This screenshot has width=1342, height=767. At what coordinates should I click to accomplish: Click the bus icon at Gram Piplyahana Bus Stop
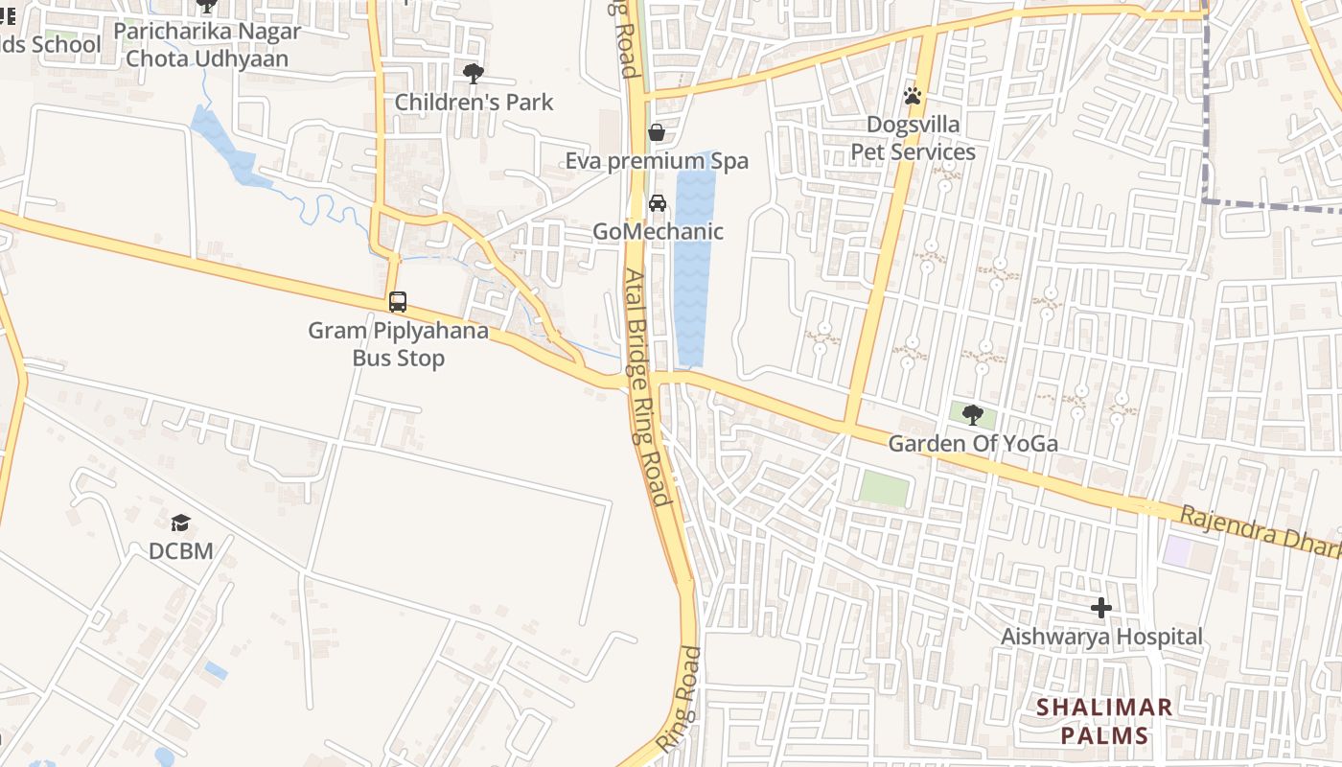pyautogui.click(x=398, y=302)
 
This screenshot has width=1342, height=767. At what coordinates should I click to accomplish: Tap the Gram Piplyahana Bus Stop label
pyautogui.click(x=398, y=345)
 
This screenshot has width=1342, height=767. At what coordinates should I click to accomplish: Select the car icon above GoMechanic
pyautogui.click(x=658, y=203)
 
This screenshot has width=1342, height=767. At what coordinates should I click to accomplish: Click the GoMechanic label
pyautogui.click(x=658, y=232)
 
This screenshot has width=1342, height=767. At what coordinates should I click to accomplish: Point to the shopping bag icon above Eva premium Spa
pyautogui.click(x=657, y=132)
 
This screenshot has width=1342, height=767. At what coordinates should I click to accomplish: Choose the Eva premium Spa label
pyautogui.click(x=657, y=161)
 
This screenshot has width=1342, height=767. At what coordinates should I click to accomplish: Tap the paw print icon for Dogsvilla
pyautogui.click(x=913, y=96)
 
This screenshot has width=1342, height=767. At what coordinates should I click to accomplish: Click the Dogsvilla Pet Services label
pyautogui.click(x=913, y=138)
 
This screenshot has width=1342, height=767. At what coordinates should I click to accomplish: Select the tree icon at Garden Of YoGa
pyautogui.click(x=973, y=415)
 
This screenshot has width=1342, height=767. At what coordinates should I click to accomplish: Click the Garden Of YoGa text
pyautogui.click(x=973, y=444)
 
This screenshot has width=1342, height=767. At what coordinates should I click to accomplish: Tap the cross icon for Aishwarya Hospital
pyautogui.click(x=1101, y=608)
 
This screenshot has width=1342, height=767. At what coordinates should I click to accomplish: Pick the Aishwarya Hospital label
pyautogui.click(x=1101, y=637)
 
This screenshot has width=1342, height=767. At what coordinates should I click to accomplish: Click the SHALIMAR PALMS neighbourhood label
pyautogui.click(x=1103, y=722)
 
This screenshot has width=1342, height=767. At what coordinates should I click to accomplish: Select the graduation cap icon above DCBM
pyautogui.click(x=180, y=523)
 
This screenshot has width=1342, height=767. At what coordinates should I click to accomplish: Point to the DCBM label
pyautogui.click(x=180, y=551)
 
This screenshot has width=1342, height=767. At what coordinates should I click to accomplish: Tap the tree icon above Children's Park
pyautogui.click(x=474, y=74)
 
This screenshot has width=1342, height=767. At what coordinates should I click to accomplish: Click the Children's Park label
pyautogui.click(x=474, y=103)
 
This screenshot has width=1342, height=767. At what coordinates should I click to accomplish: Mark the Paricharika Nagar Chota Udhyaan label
pyautogui.click(x=207, y=44)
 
